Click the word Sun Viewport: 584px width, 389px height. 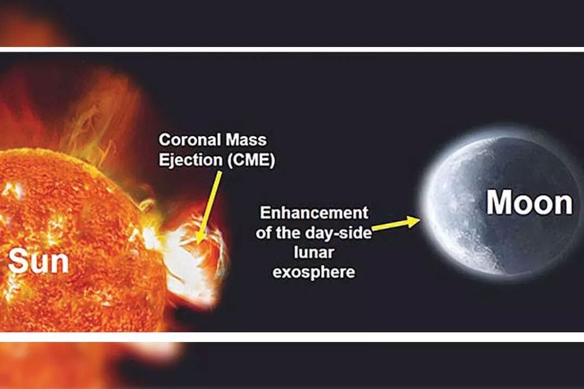click(38, 261)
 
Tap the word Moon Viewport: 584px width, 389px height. click(529, 203)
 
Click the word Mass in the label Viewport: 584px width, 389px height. click(241, 140)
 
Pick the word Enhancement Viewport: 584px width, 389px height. click(314, 213)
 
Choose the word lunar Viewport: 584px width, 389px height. click(314, 252)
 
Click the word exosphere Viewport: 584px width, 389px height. click(314, 272)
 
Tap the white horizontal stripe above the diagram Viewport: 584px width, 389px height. click(292, 50)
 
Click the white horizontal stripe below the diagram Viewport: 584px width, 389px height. click(292, 337)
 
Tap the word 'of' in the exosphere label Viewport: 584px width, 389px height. click(263, 233)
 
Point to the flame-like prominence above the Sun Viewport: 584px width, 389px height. click(101, 119)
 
